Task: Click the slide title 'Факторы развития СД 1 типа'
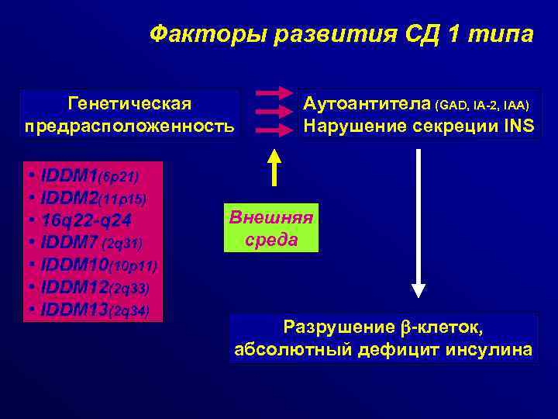341,35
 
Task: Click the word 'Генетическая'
129,103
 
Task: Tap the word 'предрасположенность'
129,126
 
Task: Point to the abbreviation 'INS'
517,126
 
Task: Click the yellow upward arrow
274,166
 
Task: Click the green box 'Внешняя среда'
271,228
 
